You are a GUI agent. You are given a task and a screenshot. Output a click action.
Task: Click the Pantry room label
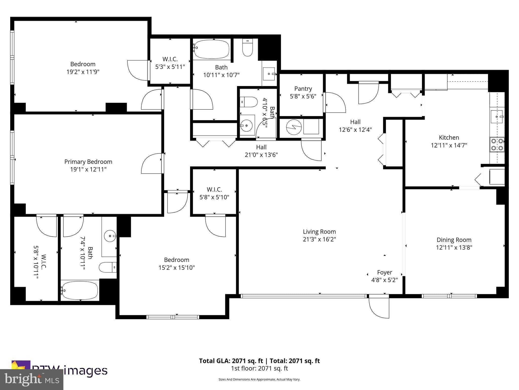click(x=303, y=89)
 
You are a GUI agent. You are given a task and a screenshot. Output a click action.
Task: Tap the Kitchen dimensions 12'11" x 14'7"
click(x=449, y=145)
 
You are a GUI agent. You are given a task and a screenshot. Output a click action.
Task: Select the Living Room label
click(x=319, y=232)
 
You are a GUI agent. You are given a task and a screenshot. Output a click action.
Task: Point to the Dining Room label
click(x=454, y=240)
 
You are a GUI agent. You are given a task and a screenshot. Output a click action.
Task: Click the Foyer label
click(x=384, y=272)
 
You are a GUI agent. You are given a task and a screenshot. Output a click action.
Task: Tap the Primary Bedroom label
click(x=88, y=161)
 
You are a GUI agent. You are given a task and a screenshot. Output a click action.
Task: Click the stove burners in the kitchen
click(x=497, y=144)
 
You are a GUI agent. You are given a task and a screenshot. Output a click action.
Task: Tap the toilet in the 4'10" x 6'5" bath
click(x=248, y=102)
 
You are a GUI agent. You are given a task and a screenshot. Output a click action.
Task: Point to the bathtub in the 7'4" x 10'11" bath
click(x=80, y=290)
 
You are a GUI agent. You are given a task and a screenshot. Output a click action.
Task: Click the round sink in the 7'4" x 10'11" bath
click(x=110, y=236)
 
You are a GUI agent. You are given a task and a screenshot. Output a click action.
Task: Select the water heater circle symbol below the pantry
click(x=294, y=127)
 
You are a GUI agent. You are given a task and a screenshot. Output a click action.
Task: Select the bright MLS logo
click(x=32, y=379)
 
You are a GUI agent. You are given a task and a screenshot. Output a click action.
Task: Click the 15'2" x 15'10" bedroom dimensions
click(x=177, y=268)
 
